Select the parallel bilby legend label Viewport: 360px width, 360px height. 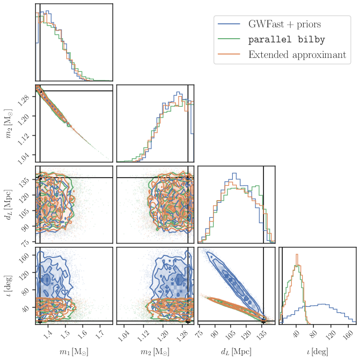[x=286, y=40]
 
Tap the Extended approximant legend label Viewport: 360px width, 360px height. [x=297, y=55]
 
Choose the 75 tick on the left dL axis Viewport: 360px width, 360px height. [x=25, y=243]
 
